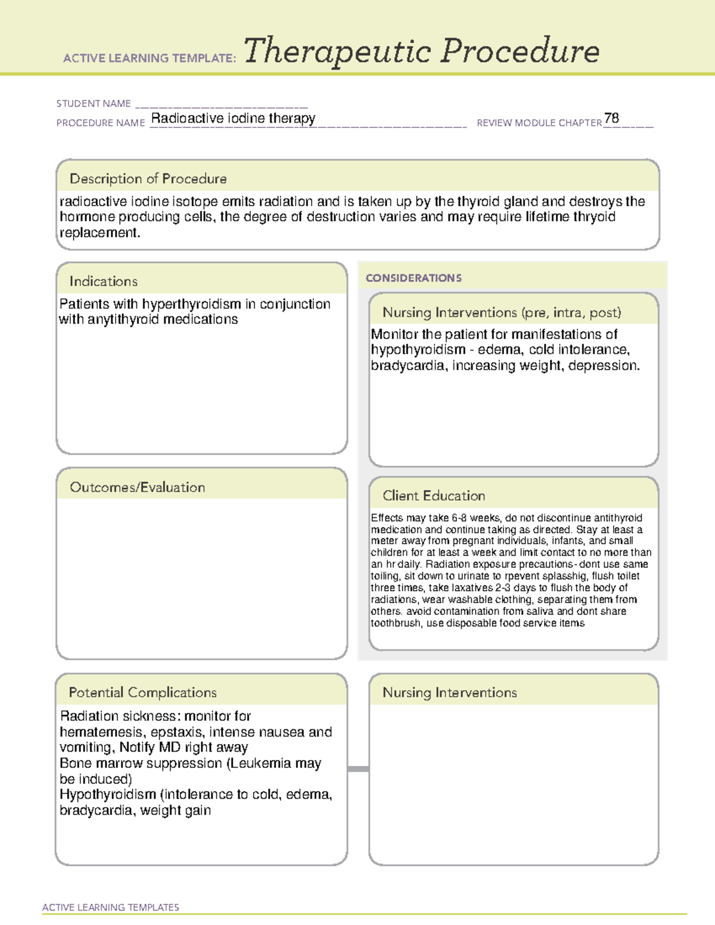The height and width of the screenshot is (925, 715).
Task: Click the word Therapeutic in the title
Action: (x=337, y=51)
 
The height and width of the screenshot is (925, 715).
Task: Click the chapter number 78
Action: (x=611, y=118)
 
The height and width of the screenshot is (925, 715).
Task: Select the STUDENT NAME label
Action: (x=94, y=104)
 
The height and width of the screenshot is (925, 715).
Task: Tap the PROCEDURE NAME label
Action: (x=101, y=123)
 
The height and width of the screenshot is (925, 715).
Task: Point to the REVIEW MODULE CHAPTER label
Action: (x=539, y=123)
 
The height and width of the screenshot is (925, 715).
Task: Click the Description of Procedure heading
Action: (x=148, y=179)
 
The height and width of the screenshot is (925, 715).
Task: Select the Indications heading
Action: (x=103, y=281)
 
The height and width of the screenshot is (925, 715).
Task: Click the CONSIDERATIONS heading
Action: (x=414, y=278)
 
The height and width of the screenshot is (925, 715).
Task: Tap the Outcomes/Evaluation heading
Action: (x=137, y=487)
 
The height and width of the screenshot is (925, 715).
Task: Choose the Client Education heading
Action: (x=434, y=496)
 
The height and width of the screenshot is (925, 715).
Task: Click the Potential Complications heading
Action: (x=142, y=693)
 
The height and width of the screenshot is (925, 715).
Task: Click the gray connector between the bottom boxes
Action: (x=358, y=769)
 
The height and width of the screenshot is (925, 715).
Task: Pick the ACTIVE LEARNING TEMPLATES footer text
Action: (x=111, y=907)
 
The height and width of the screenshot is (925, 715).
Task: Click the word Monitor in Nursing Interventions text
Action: (x=394, y=335)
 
